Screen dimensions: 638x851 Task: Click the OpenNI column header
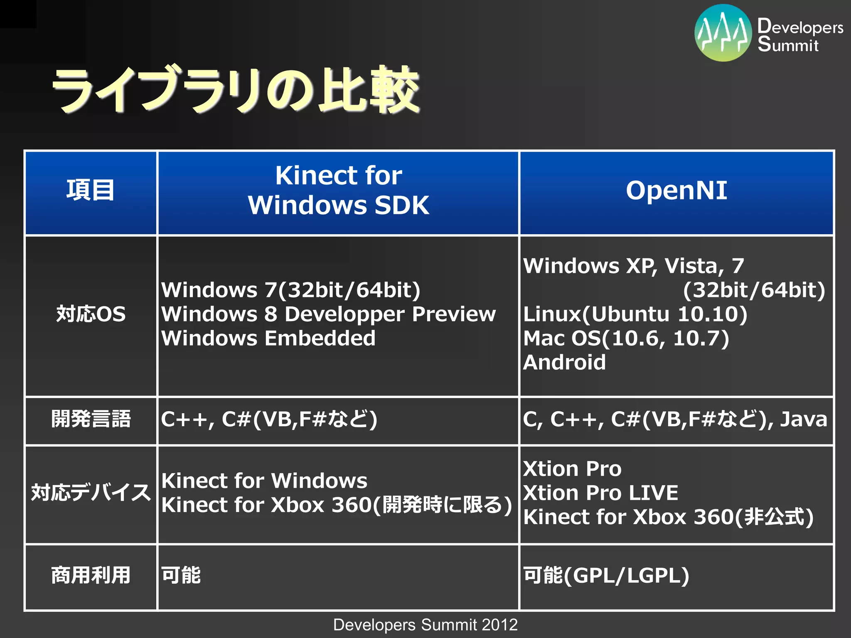point(676,191)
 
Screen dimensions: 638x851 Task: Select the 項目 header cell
point(90,191)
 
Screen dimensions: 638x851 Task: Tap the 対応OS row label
point(91,314)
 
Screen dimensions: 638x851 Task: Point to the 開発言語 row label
point(91,419)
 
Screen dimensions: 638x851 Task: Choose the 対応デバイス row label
point(91,493)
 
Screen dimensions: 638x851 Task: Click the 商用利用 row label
point(91,576)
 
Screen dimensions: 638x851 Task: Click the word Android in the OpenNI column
point(564,363)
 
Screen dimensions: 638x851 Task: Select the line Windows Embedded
point(268,339)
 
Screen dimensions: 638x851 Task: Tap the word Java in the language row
point(803,419)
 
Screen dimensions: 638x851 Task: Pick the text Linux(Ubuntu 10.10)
point(635,314)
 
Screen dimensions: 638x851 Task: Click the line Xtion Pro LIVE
point(600,493)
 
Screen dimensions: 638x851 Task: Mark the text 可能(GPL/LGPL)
point(606,576)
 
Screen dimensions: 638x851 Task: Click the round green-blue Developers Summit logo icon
point(723,33)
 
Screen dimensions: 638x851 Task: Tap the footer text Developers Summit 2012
point(425,625)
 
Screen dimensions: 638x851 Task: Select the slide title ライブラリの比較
point(235,90)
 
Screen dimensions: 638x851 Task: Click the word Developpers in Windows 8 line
point(344,314)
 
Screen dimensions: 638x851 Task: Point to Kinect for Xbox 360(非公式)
point(668,518)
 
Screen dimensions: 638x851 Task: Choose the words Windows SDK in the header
point(338,205)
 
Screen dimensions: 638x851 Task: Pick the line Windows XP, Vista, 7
point(633,266)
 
